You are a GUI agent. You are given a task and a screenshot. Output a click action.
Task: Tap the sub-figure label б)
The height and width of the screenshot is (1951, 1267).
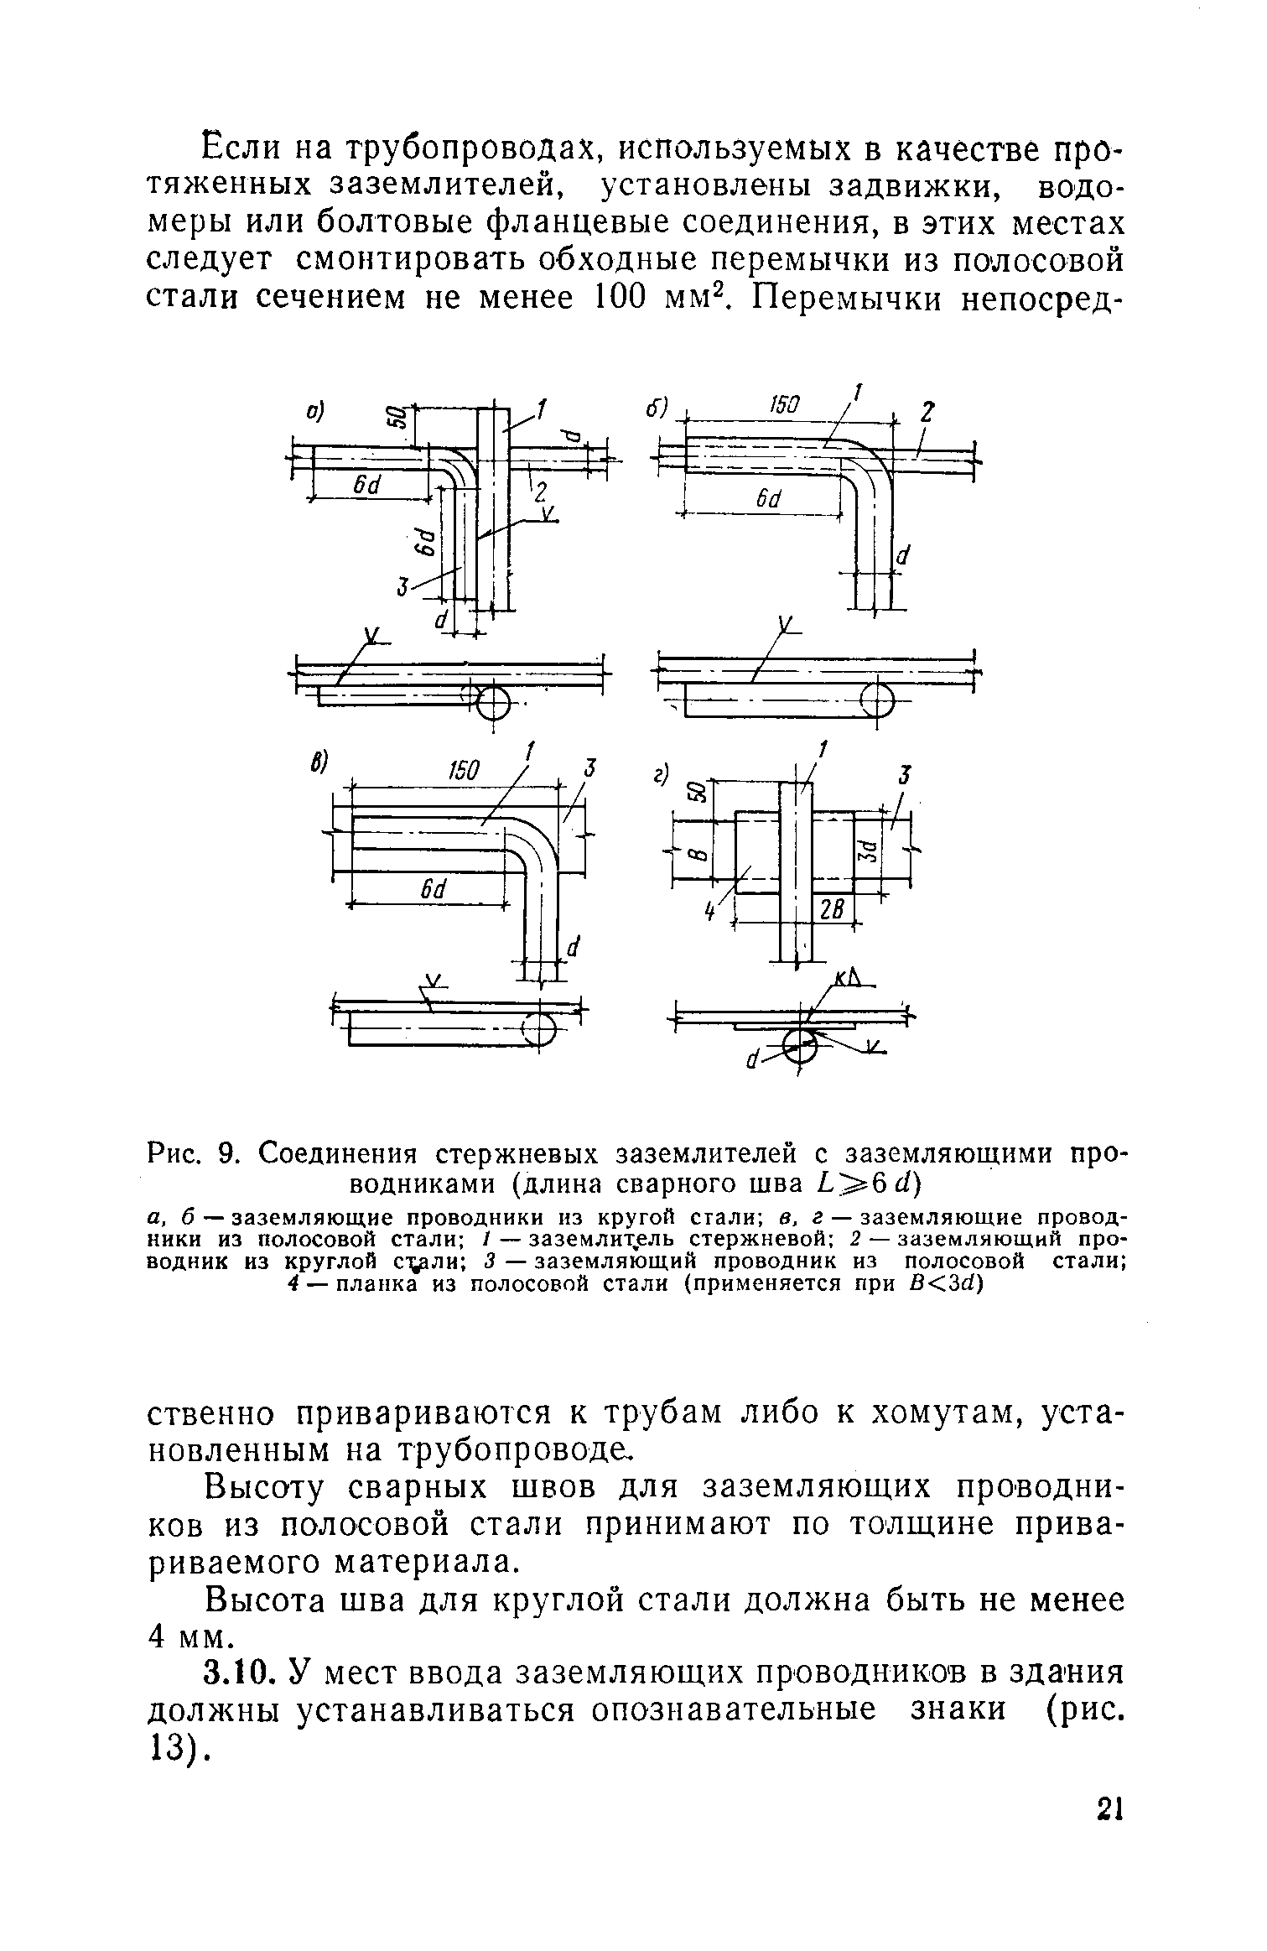tap(655, 408)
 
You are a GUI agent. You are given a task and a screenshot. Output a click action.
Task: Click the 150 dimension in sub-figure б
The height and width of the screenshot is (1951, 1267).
tap(784, 407)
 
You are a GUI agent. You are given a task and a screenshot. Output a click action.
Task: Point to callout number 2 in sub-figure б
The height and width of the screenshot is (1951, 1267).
tap(927, 414)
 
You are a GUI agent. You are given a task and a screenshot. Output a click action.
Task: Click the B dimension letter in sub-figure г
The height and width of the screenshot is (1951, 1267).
tap(693, 856)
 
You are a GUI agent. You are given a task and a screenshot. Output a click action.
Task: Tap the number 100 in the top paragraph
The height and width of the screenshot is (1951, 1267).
tap(599, 297)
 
